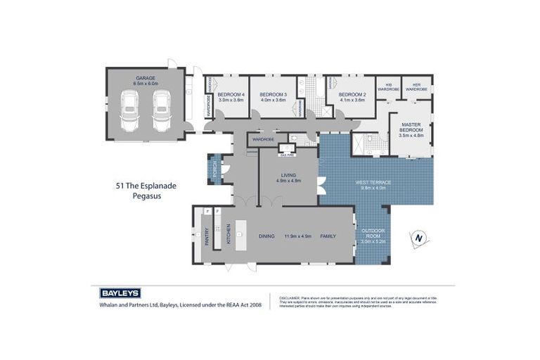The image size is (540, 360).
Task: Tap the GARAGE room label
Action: [146, 78]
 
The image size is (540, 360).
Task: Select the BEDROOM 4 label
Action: [231, 95]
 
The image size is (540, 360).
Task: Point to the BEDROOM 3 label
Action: [274, 95]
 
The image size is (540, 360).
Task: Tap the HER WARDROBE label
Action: [416, 87]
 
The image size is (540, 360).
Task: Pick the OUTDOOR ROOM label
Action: [373, 233]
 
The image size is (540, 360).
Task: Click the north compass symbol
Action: [419, 239]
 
